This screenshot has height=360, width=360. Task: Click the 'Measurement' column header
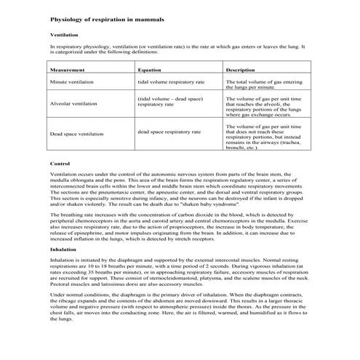[68, 70]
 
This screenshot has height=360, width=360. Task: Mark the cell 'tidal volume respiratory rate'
[171, 83]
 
